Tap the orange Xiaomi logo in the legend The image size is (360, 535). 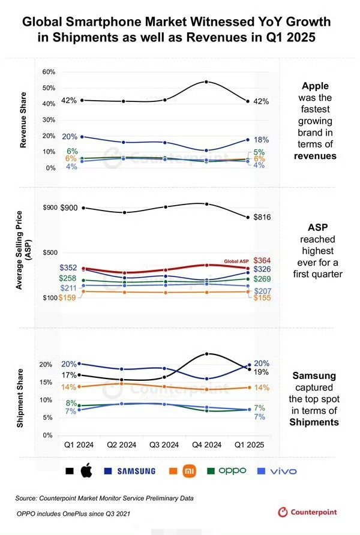click(x=188, y=471)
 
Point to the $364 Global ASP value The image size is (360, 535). click(x=263, y=260)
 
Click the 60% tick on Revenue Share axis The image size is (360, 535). click(x=48, y=72)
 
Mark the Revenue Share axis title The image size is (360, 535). click(x=23, y=120)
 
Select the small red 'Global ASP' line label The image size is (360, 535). click(x=237, y=262)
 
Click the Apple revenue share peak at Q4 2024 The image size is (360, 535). click(x=206, y=82)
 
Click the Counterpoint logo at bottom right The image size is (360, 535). click(x=308, y=512)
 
